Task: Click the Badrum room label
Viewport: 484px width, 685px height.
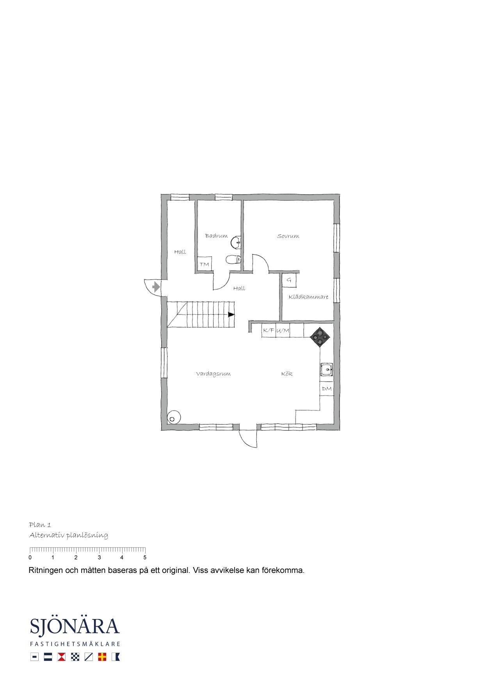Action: coord(216,236)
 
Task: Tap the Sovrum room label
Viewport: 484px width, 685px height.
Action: coord(288,236)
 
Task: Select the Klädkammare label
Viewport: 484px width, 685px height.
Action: coord(308,297)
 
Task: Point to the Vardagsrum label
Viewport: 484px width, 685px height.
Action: coord(213,374)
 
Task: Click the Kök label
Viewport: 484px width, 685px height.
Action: coord(287,374)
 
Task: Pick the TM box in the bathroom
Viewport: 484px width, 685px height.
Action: coord(205,264)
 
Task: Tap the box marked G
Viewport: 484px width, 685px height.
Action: coord(289,280)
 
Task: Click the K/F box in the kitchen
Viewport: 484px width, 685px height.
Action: coord(268,330)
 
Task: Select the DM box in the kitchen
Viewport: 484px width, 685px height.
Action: coord(327,389)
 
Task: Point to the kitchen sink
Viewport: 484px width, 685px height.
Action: coord(327,369)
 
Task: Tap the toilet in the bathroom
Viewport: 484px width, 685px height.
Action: coord(233,259)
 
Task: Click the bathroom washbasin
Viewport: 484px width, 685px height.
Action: coord(236,243)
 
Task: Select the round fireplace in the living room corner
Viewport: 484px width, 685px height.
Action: coord(174,417)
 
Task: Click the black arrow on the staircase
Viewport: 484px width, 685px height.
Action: coord(231,314)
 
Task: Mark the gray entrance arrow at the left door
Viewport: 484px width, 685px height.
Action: coord(156,287)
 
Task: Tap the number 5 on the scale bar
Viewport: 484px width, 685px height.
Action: coord(145,557)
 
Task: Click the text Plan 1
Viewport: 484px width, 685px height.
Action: coord(40,524)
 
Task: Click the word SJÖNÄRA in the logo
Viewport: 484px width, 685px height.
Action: coord(75,626)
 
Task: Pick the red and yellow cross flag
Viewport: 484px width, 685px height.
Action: coord(102,657)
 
